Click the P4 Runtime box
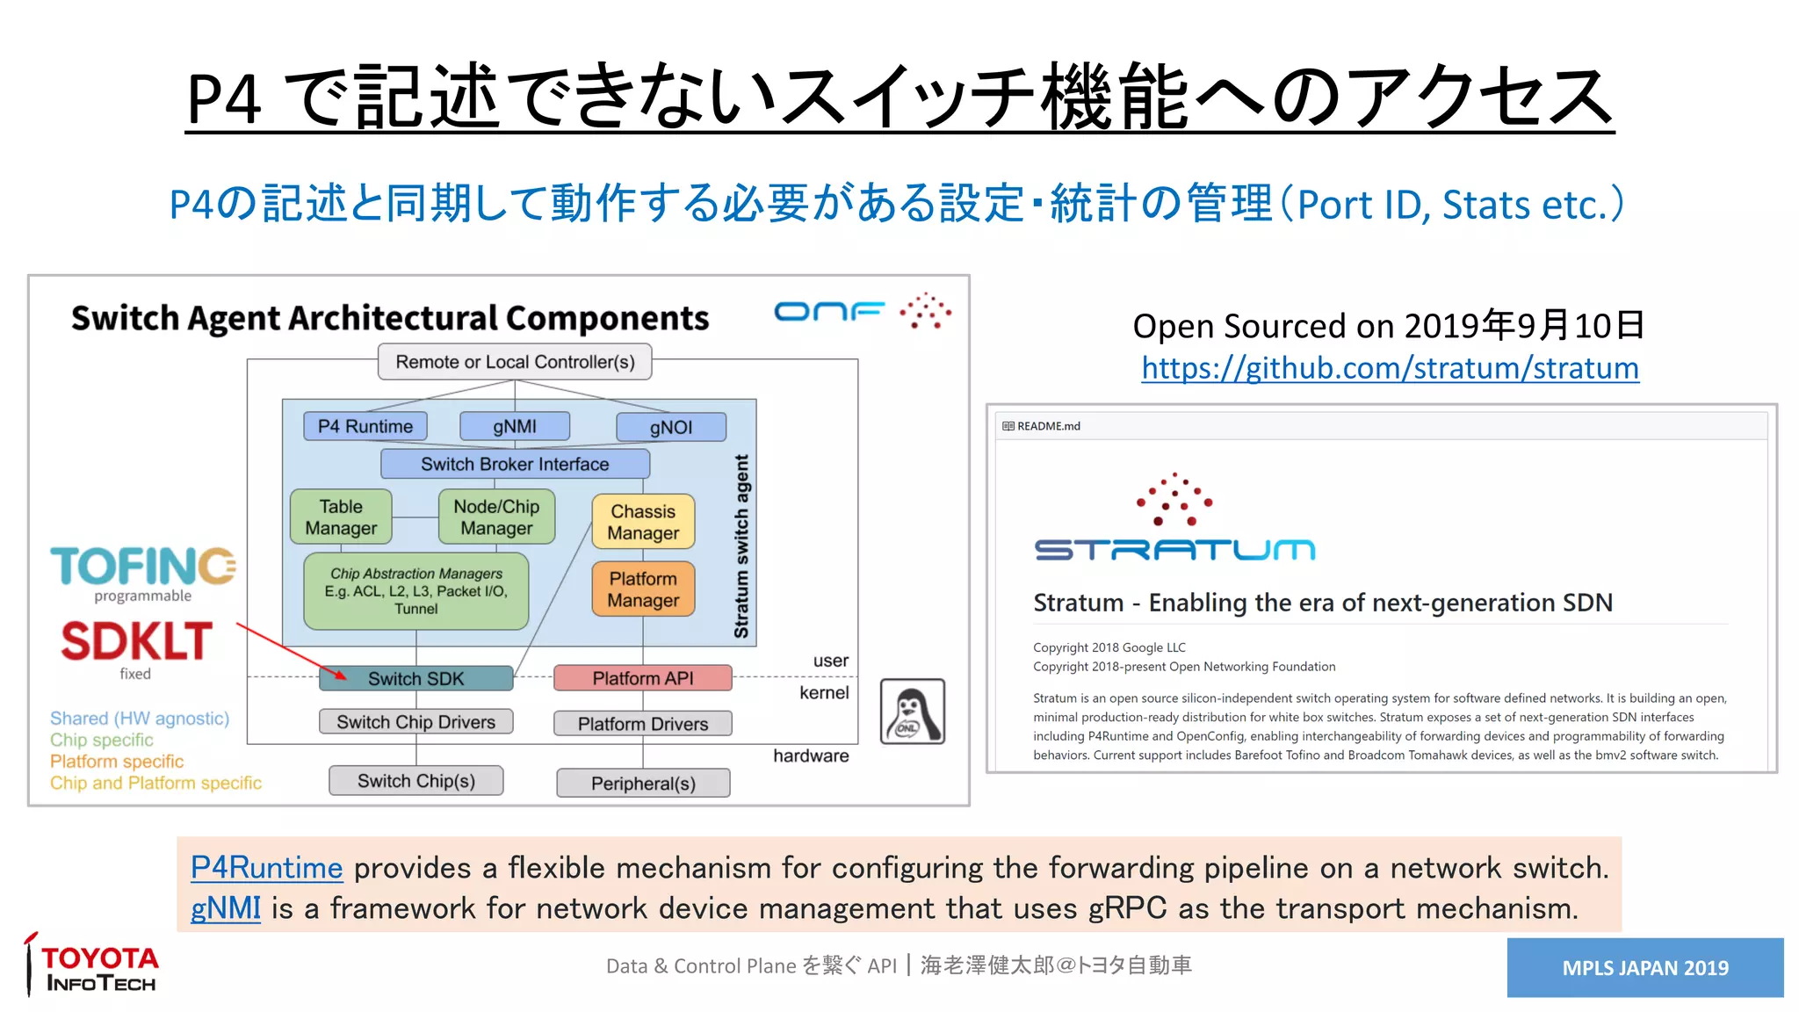[365, 426]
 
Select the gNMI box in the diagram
[515, 426]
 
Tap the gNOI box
[671, 427]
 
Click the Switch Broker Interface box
[515, 464]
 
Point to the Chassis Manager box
[643, 522]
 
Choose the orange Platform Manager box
[643, 589]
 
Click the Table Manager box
[341, 517]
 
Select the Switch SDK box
[416, 678]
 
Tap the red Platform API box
[643, 678]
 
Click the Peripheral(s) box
[643, 783]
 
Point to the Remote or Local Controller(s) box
[515, 362]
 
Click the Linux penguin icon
[913, 712]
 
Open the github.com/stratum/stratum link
[1390, 368]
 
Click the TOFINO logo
[143, 567]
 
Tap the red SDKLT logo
[137, 641]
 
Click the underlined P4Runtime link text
[266, 868]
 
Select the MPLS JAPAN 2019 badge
[1644, 967]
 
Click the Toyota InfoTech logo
[93, 967]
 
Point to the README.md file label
[1047, 426]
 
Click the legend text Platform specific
[117, 762]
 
